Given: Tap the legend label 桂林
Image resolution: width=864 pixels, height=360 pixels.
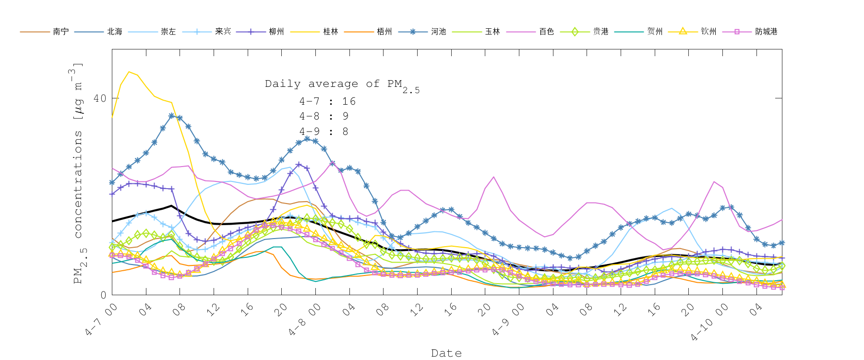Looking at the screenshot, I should click(330, 32).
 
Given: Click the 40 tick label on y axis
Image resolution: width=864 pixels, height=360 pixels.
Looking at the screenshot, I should click(99, 98).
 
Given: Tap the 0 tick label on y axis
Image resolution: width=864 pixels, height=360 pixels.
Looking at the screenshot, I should click(103, 295).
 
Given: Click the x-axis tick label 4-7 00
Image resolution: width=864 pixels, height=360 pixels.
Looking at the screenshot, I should click(101, 320).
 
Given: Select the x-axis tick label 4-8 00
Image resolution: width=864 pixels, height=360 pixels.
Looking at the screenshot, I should click(305, 320).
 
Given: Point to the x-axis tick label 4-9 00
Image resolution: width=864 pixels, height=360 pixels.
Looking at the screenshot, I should click(508, 320).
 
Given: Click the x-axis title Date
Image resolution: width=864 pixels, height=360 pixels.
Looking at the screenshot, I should click(446, 353).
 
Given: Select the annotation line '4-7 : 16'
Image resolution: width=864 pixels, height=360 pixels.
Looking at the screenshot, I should click(327, 101).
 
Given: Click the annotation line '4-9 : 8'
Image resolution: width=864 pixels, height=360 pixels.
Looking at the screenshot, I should click(324, 132).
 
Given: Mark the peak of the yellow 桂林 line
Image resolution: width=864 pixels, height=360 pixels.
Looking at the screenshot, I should click(129, 72).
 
